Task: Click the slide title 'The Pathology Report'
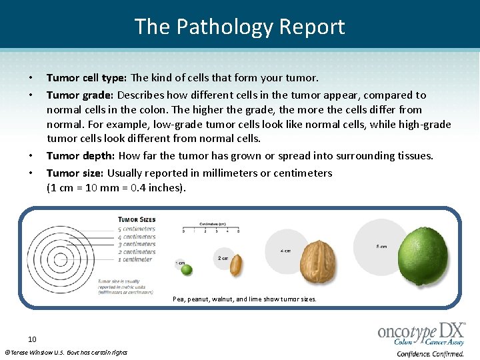(240, 27)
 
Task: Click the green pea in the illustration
(187, 269)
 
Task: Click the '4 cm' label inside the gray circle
(285, 251)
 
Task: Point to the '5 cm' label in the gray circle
(381, 247)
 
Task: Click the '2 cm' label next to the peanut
(223, 257)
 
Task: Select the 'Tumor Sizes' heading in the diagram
(137, 219)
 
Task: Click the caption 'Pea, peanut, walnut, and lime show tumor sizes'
(245, 299)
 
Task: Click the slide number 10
(32, 339)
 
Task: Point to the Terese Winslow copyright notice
(65, 352)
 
